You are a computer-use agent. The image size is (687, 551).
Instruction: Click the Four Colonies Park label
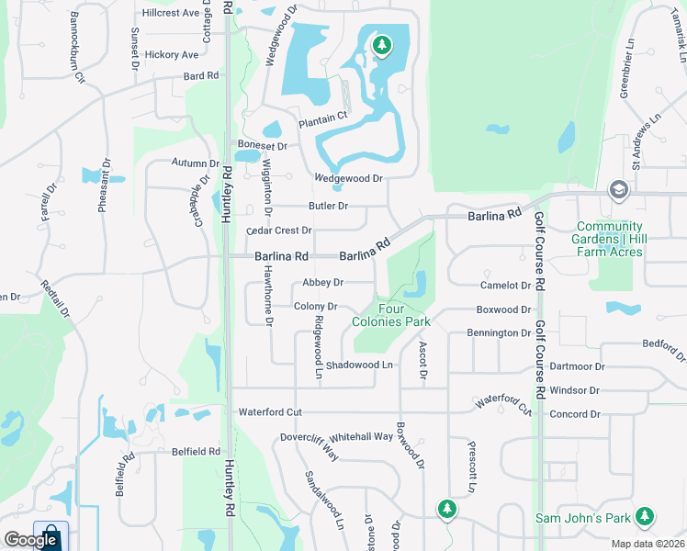[391, 315]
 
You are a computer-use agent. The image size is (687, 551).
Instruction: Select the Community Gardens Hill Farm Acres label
[609, 240]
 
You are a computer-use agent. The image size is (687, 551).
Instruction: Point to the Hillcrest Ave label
[171, 14]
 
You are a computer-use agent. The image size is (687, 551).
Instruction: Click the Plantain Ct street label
[323, 118]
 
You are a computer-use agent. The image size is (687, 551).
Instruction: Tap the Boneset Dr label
[263, 145]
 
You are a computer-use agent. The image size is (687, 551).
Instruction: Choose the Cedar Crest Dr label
[279, 231]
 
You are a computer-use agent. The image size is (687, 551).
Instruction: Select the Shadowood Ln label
[359, 365]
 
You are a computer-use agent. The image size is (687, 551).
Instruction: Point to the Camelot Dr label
[506, 286]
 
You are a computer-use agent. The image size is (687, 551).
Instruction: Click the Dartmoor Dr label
[576, 366]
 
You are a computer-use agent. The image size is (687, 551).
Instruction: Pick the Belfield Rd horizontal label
[196, 452]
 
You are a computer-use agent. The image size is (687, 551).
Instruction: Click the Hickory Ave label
[171, 55]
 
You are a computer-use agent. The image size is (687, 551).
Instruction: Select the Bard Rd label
[201, 76]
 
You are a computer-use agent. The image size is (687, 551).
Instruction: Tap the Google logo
[30, 540]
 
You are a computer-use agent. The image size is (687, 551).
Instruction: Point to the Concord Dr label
[574, 414]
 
